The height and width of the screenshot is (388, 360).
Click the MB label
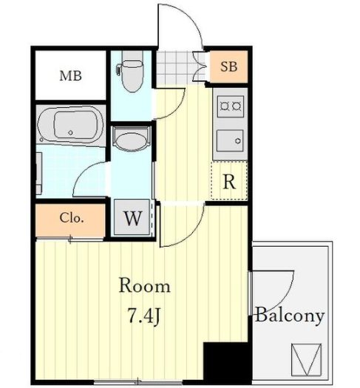(x=70, y=75)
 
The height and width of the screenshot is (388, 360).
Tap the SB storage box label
(x=229, y=67)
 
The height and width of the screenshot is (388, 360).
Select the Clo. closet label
(x=70, y=218)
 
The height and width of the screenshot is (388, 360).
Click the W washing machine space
(x=133, y=218)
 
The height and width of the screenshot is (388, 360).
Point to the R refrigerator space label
(x=229, y=182)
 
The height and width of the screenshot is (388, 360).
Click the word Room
(x=145, y=286)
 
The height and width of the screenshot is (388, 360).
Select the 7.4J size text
(x=143, y=316)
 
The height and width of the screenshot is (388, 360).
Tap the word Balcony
(x=290, y=315)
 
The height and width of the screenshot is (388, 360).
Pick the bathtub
(x=71, y=126)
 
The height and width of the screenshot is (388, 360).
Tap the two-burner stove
(x=231, y=106)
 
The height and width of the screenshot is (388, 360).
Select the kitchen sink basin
(x=230, y=141)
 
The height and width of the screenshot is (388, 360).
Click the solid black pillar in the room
(x=225, y=364)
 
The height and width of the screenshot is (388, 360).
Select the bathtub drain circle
(x=71, y=132)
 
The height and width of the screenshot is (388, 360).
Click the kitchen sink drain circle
(x=238, y=141)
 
